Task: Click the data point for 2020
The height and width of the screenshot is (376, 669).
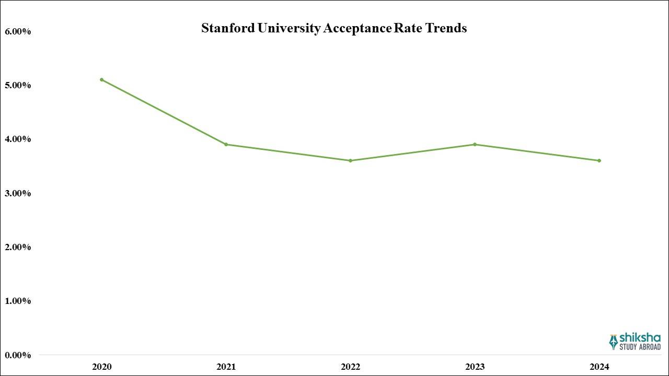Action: pyautogui.click(x=101, y=79)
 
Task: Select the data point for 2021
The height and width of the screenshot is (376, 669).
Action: pyautogui.click(x=226, y=144)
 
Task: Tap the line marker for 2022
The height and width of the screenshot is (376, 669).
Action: pyautogui.click(x=350, y=160)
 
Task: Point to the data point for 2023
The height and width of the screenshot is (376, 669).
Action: pyautogui.click(x=475, y=144)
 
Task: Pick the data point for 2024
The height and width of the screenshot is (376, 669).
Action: pyautogui.click(x=599, y=160)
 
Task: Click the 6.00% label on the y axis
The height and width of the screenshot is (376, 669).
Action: pyautogui.click(x=18, y=31)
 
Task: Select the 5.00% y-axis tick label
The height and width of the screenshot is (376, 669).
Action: pyautogui.click(x=18, y=85)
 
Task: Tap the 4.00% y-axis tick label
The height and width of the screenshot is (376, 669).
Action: pyautogui.click(x=18, y=139)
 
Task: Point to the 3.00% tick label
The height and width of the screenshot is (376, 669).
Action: pyautogui.click(x=18, y=193)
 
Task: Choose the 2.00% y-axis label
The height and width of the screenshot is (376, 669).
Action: pyautogui.click(x=18, y=247)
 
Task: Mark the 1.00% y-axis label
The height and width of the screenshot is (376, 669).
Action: pyautogui.click(x=18, y=301)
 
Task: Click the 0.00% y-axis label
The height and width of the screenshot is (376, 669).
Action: pyautogui.click(x=18, y=355)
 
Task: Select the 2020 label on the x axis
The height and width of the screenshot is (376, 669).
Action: pyautogui.click(x=101, y=367)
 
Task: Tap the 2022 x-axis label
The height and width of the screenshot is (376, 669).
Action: pyautogui.click(x=350, y=367)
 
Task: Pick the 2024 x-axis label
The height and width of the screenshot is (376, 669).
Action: pyautogui.click(x=599, y=367)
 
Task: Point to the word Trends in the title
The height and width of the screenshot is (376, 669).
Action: pyautogui.click(x=446, y=28)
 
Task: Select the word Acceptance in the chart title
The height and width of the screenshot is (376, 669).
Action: pyautogui.click(x=357, y=28)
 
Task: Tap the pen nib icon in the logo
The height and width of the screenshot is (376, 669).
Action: pyautogui.click(x=613, y=342)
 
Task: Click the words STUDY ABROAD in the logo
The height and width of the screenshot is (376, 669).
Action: pyautogui.click(x=640, y=347)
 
